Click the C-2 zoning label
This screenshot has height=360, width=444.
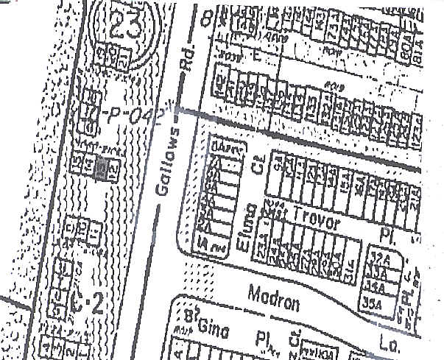pos(87,300)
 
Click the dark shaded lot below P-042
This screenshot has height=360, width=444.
pos(102,169)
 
